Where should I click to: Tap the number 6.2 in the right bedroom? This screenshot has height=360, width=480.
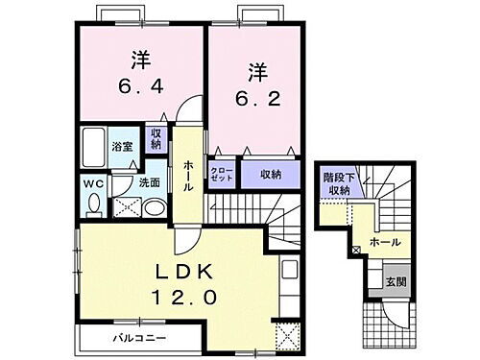click(257, 97)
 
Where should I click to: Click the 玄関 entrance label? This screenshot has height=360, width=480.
click(396, 281)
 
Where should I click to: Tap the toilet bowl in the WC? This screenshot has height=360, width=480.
click(92, 204)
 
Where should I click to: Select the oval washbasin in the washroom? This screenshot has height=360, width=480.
click(154, 206)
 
